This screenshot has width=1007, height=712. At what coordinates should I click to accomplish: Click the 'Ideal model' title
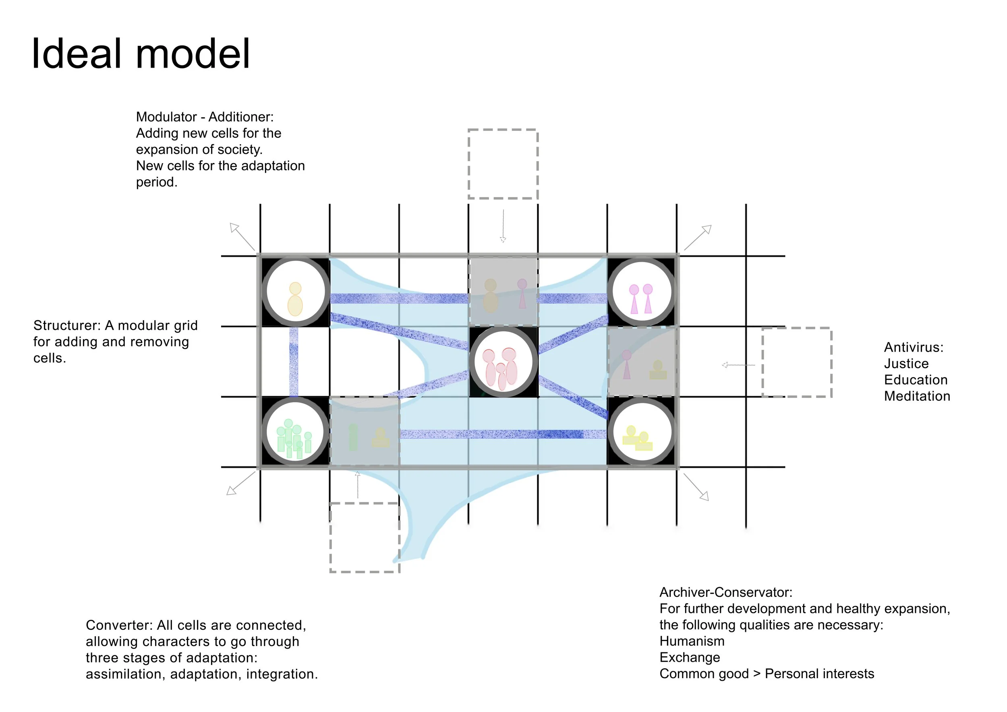click(x=141, y=54)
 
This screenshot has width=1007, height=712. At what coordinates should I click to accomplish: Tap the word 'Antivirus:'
click(x=914, y=347)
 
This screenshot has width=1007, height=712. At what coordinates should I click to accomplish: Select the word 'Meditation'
click(x=917, y=396)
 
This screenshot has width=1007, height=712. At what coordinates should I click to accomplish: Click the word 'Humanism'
click(x=692, y=641)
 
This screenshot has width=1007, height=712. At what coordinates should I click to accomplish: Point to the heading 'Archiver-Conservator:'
click(x=726, y=592)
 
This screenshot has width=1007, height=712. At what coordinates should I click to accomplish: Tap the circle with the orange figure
click(x=295, y=292)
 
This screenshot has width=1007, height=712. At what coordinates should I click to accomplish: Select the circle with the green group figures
click(x=295, y=432)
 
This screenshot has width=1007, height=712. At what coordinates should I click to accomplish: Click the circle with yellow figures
click(x=642, y=432)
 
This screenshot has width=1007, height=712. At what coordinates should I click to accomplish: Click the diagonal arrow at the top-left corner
click(x=242, y=237)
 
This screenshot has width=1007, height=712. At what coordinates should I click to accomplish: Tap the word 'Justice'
click(x=906, y=364)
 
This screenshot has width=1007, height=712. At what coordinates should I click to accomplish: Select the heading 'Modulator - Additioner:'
click(x=205, y=117)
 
